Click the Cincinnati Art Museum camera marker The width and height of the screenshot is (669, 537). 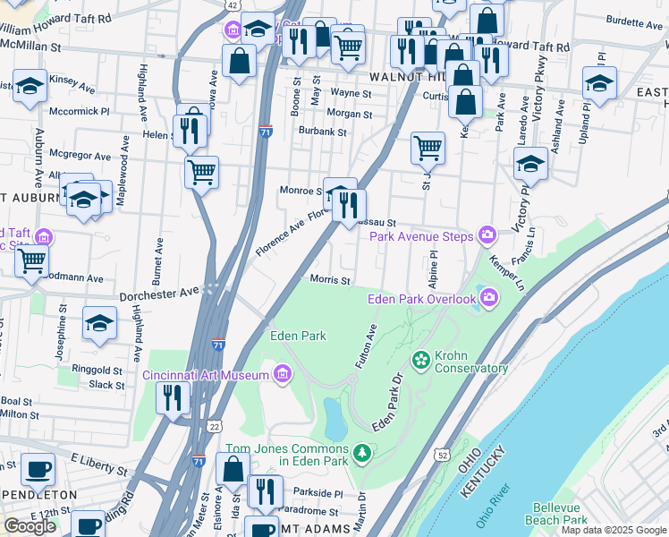(x=283, y=372)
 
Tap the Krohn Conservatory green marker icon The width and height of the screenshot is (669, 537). (x=419, y=360)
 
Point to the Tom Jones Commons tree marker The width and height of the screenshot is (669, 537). (x=361, y=455)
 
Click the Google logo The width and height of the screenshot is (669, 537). (x=30, y=526)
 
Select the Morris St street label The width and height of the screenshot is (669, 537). (x=329, y=280)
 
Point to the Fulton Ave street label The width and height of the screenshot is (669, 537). (x=367, y=346)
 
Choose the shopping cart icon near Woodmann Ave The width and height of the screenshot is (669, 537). (x=31, y=260)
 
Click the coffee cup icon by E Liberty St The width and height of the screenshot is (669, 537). (x=37, y=468)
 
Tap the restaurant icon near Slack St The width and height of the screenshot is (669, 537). (x=173, y=396)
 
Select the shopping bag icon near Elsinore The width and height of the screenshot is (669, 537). (x=233, y=468)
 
